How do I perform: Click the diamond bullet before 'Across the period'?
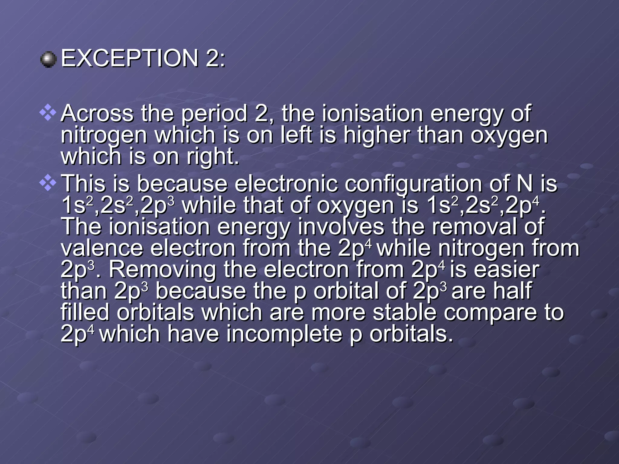pyautogui.click(x=48, y=114)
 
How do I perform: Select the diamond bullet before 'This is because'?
pyautogui.click(x=48, y=184)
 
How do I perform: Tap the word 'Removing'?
pyautogui.click(x=162, y=270)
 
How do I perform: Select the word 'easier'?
pyautogui.click(x=507, y=270)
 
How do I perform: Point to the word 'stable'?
pyautogui.click(x=405, y=312)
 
